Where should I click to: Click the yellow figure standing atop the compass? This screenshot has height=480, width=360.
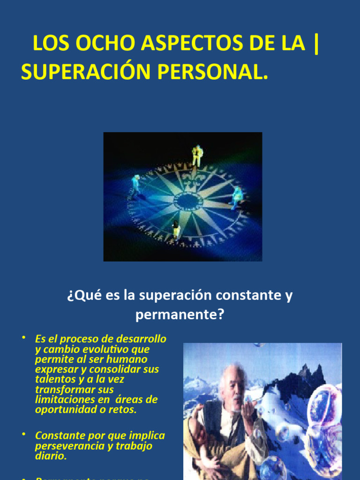click(197, 155)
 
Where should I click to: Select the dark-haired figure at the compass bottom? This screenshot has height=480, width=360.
click(176, 230)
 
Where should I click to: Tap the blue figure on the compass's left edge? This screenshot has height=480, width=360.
click(136, 185)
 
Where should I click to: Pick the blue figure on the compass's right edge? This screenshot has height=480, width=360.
click(237, 197)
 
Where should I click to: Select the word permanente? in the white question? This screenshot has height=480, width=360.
click(180, 315)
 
